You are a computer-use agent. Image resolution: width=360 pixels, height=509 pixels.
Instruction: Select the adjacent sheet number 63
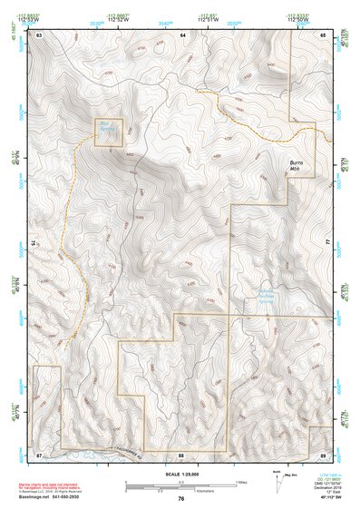[40, 34]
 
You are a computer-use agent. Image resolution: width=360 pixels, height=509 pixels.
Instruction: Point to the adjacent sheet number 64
[182, 34]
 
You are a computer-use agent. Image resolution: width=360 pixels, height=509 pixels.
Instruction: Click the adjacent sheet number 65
[325, 34]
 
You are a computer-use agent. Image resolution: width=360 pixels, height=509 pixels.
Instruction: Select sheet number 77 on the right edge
[327, 243]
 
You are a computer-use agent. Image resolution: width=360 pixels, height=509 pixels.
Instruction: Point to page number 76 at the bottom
[181, 499]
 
